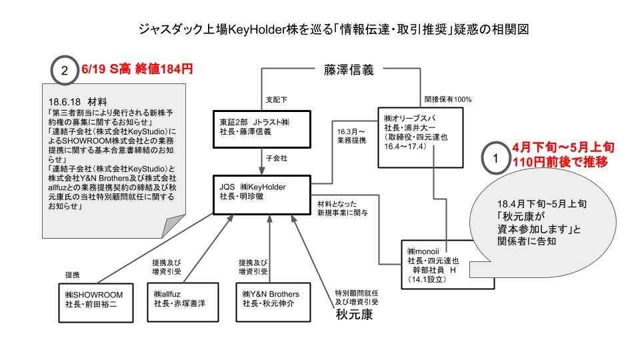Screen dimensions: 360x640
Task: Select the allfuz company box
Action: (183, 299)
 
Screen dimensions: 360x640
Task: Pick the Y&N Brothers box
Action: (275, 299)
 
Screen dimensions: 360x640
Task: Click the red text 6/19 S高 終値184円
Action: (137, 69)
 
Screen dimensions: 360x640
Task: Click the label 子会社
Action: (275, 159)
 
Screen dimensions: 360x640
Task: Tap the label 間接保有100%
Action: (448, 99)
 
